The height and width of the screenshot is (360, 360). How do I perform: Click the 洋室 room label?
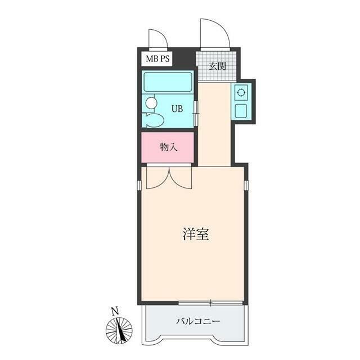(196, 234)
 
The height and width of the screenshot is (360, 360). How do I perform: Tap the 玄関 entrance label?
(217, 66)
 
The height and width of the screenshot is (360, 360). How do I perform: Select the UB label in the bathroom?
(177, 109)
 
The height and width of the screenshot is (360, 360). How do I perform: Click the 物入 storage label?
(169, 147)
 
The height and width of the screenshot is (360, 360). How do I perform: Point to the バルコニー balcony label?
(198, 321)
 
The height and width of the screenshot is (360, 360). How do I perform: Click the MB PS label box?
(157, 58)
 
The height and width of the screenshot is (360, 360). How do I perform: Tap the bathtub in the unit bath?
(168, 82)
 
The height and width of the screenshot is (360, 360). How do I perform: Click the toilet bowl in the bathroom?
(152, 120)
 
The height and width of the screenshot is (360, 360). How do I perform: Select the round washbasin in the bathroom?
(151, 102)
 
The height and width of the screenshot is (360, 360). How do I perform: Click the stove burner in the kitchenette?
(241, 92)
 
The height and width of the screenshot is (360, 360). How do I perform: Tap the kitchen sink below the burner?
(241, 111)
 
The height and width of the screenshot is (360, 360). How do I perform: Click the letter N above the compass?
(115, 311)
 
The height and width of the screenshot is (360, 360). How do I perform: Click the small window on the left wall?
(139, 185)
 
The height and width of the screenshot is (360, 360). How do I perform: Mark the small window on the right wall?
(246, 185)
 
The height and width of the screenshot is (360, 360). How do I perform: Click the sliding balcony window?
(210, 303)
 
